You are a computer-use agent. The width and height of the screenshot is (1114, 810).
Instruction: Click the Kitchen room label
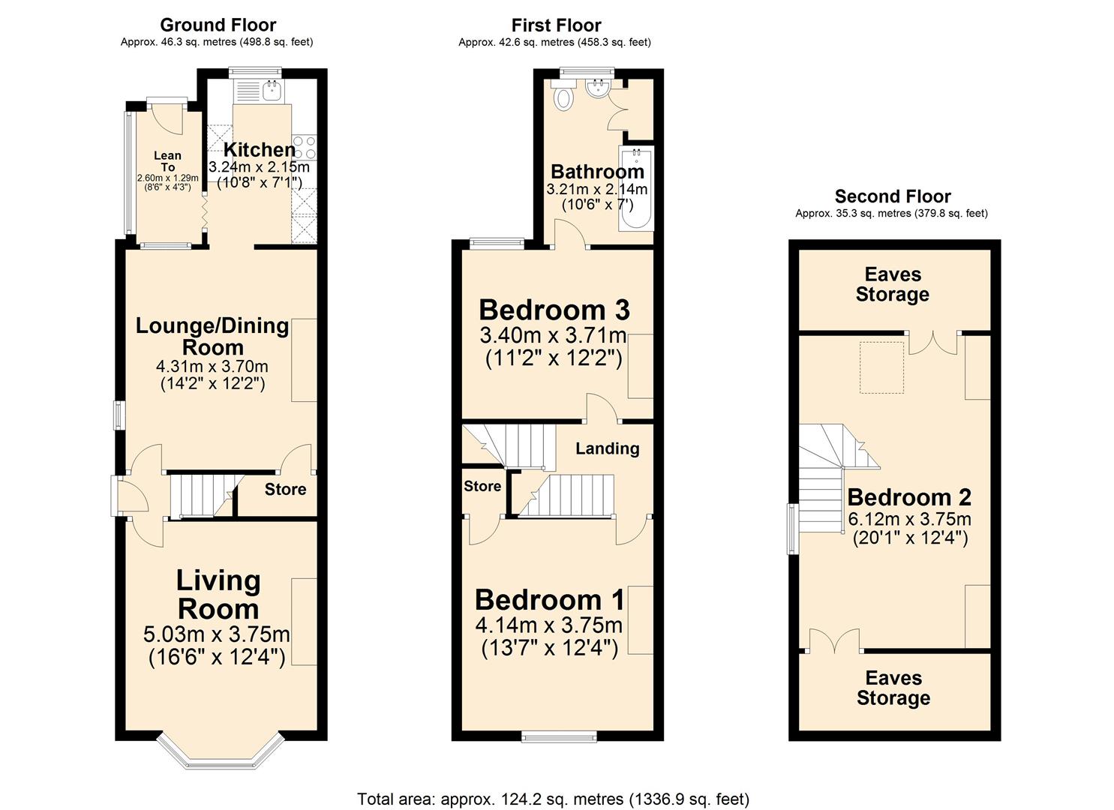click(x=259, y=150)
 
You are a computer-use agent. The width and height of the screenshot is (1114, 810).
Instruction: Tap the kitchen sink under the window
click(x=271, y=91)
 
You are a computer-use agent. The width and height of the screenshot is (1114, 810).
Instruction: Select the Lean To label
click(x=167, y=161)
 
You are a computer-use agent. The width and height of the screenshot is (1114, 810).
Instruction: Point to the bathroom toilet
click(x=562, y=95)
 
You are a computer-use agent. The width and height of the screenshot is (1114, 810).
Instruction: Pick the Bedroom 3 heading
click(x=554, y=310)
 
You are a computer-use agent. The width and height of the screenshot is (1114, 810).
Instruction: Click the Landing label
click(x=607, y=448)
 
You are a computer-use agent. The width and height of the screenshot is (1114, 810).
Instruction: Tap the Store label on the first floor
click(x=482, y=486)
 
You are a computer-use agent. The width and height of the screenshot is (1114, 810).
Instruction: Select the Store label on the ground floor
click(x=285, y=490)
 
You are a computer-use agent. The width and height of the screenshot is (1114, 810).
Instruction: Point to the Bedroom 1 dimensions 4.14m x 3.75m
click(x=548, y=625)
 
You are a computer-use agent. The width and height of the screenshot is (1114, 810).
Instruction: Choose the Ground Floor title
click(x=218, y=25)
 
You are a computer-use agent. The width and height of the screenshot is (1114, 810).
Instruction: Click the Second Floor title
click(x=892, y=196)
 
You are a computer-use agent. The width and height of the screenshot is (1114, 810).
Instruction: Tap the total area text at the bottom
click(x=553, y=799)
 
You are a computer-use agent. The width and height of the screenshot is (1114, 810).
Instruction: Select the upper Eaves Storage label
click(x=892, y=285)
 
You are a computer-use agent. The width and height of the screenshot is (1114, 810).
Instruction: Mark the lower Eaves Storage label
click(x=893, y=688)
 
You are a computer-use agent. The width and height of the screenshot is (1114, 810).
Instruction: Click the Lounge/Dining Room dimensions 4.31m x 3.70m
click(x=212, y=367)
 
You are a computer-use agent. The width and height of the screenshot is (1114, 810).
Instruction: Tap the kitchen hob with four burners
click(x=305, y=146)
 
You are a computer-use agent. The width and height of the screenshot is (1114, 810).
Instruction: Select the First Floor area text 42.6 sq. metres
click(x=554, y=43)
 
